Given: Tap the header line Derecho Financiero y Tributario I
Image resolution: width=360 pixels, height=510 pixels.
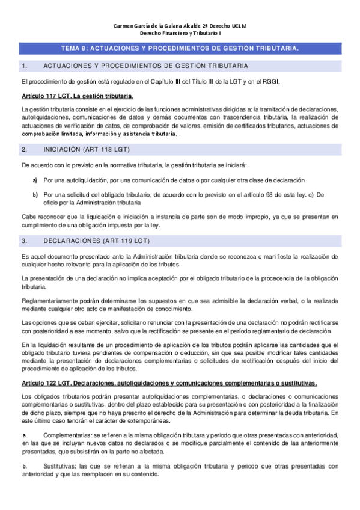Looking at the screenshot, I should pyautogui.click(x=180, y=34).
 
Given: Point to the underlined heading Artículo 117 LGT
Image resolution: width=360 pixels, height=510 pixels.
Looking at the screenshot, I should pyautogui.click(x=77, y=96).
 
